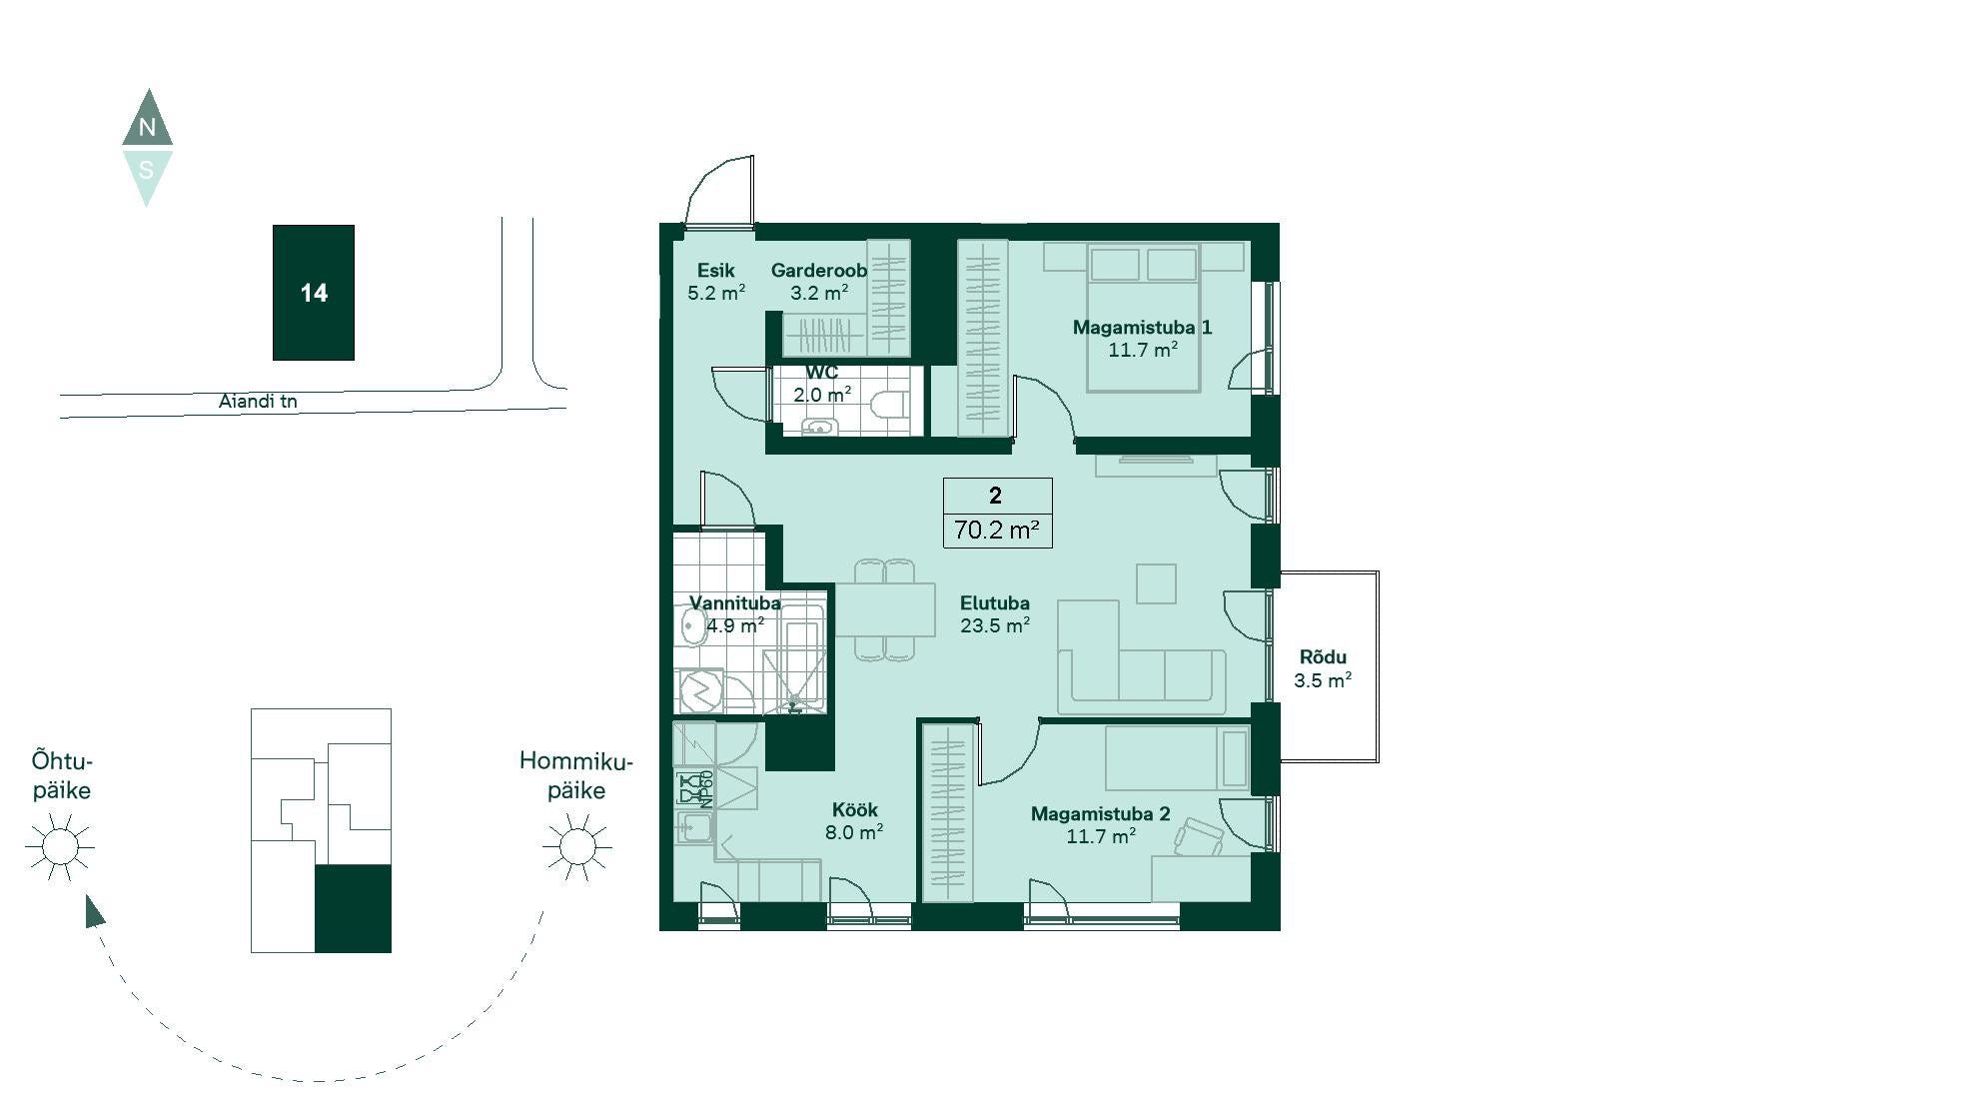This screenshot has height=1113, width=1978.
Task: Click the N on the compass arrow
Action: pyautogui.click(x=147, y=127)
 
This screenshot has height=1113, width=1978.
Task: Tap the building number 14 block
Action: pyautogui.click(x=314, y=293)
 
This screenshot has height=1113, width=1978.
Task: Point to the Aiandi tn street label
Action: pyautogui.click(x=258, y=402)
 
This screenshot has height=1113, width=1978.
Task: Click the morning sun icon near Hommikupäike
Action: pyautogui.click(x=576, y=847)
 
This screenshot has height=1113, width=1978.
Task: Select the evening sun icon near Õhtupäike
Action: pyautogui.click(x=60, y=847)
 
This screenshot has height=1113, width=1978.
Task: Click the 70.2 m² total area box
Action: pyautogui.click(x=997, y=513)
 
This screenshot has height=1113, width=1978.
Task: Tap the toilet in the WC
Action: pyautogui.click(x=888, y=406)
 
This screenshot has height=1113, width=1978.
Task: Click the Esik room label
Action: pyautogui.click(x=715, y=270)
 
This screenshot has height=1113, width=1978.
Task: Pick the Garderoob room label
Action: pyautogui.click(x=819, y=270)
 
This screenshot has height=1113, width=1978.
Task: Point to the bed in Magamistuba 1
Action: pyautogui.click(x=1143, y=318)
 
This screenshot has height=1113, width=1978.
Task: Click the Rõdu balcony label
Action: pyautogui.click(x=1323, y=657)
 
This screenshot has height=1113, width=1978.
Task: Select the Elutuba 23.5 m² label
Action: pyautogui.click(x=995, y=614)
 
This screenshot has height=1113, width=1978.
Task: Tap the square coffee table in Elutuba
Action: pyautogui.click(x=1156, y=583)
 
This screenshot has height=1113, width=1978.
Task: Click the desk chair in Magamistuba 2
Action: pyautogui.click(x=1199, y=837)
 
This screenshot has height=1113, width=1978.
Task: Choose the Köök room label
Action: pyautogui.click(x=854, y=809)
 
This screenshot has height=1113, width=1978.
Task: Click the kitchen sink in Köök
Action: pyautogui.click(x=694, y=827)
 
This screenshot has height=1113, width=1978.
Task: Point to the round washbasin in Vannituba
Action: pyautogui.click(x=692, y=627)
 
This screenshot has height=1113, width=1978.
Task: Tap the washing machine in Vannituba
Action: pyautogui.click(x=700, y=690)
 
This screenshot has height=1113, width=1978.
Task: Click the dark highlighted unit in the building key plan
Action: pyautogui.click(x=353, y=908)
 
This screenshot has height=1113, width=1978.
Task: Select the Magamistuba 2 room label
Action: pyautogui.click(x=1100, y=813)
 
